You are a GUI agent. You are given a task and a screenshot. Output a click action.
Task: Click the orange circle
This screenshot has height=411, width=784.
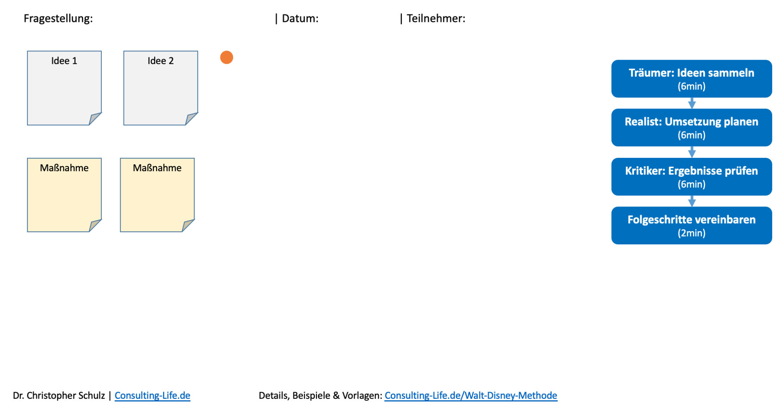[x=227, y=57]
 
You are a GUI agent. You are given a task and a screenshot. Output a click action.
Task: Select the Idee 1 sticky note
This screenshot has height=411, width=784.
[x=64, y=88]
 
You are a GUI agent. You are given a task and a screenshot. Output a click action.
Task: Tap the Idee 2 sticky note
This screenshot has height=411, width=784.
[x=160, y=88]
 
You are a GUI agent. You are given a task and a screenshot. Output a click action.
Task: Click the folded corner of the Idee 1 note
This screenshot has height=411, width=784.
[x=94, y=118]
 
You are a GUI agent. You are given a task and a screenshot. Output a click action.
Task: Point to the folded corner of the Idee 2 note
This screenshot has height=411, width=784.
[x=191, y=118]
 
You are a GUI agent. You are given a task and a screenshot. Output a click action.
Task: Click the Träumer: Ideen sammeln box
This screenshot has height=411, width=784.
[x=691, y=79]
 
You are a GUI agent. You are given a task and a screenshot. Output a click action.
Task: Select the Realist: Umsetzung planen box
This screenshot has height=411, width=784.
[x=691, y=128]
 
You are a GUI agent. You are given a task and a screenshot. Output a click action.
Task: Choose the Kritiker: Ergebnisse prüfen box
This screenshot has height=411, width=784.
[x=691, y=177]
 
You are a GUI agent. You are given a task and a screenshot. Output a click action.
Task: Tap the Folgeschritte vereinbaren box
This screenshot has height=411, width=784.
[x=691, y=226]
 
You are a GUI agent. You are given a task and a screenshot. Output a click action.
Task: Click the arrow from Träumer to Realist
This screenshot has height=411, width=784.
[x=692, y=103]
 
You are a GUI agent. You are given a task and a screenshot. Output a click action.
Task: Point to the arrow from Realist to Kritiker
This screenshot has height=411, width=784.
[x=692, y=152]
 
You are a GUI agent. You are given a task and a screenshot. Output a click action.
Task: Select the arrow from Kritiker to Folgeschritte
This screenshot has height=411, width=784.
[x=692, y=201]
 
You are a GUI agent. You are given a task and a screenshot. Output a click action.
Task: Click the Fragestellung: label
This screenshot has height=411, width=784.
[x=58, y=18]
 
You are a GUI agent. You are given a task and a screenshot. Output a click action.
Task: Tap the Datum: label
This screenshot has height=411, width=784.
[x=300, y=18]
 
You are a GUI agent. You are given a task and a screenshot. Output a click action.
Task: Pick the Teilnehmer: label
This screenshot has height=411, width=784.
[x=436, y=18]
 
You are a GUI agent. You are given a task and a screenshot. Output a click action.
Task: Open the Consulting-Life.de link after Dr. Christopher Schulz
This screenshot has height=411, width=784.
[x=152, y=395]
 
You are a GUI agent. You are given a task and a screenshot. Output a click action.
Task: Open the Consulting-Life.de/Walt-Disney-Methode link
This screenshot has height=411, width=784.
[x=471, y=395]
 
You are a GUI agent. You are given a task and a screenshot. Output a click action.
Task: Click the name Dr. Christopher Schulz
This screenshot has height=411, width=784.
[x=59, y=395]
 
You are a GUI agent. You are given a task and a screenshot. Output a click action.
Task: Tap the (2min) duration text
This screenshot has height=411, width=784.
[x=691, y=233]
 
